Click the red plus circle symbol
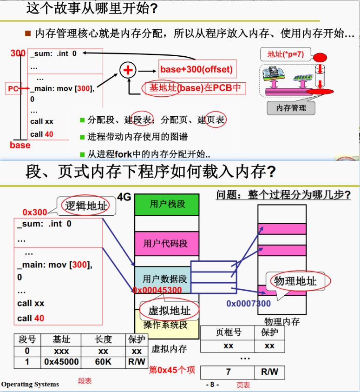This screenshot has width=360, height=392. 128,71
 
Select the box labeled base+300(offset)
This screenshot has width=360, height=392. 196,70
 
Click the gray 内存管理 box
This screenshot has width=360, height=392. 291,108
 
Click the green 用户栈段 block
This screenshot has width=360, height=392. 167,204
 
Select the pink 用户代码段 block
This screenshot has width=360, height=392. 167,243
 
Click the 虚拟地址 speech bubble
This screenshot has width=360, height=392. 169,310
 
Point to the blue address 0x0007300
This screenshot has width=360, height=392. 249,304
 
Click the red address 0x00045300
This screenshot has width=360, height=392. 157,290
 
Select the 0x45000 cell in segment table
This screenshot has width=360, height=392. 61,362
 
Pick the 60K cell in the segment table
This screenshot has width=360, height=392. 103,362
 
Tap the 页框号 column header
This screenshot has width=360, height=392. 228,332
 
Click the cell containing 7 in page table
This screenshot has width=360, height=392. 228,372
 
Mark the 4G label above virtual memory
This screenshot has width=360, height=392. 124,197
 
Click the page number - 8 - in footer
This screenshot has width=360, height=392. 212,385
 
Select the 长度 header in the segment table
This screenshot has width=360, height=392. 103,340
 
